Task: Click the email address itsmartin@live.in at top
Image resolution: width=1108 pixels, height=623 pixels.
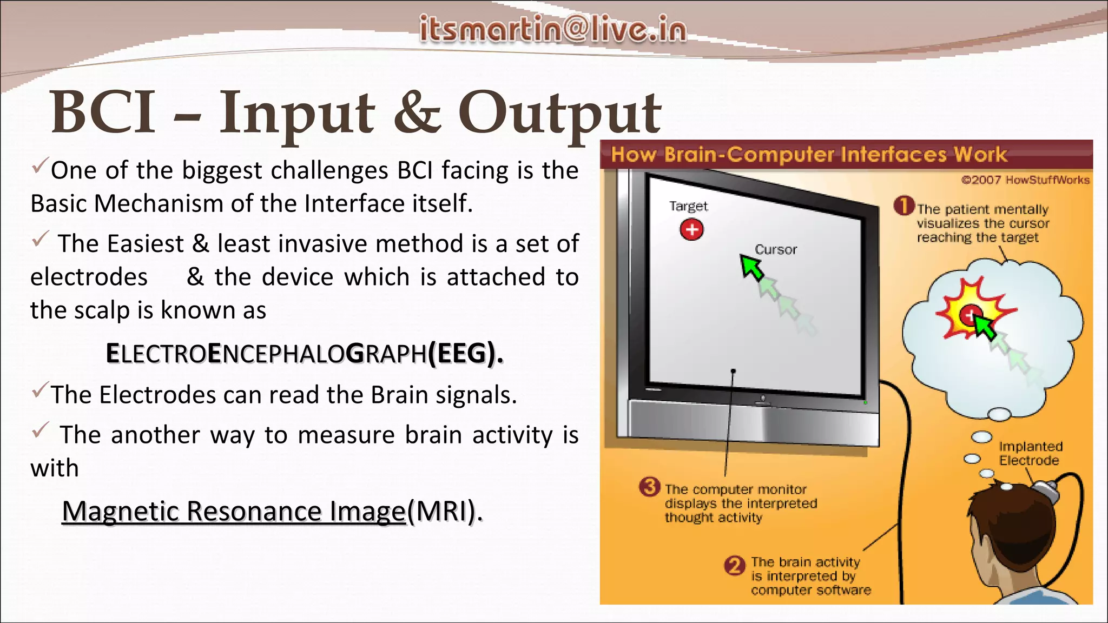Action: (553, 29)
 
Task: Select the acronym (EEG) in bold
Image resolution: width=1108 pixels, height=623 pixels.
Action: (465, 354)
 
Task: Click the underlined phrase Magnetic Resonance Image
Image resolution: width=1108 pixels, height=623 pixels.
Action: (234, 511)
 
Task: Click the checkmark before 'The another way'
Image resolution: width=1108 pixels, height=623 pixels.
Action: (41, 430)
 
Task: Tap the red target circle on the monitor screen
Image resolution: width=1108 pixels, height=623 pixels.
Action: (691, 230)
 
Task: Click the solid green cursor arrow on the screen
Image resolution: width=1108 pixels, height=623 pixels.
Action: (751, 267)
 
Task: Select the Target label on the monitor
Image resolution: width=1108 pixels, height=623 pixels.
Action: (688, 206)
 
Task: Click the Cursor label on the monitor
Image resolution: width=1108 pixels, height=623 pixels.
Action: (776, 250)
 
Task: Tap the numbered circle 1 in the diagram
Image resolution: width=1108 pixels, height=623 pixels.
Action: (903, 206)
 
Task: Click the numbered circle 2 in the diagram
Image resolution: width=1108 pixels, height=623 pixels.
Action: (734, 566)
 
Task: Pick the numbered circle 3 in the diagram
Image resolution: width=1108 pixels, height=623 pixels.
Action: (649, 487)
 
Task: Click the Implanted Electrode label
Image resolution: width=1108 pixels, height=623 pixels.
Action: (1030, 453)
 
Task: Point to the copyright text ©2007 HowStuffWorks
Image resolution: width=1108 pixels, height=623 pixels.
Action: (1025, 180)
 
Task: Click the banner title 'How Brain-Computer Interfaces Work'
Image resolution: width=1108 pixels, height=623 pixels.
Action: (808, 155)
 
